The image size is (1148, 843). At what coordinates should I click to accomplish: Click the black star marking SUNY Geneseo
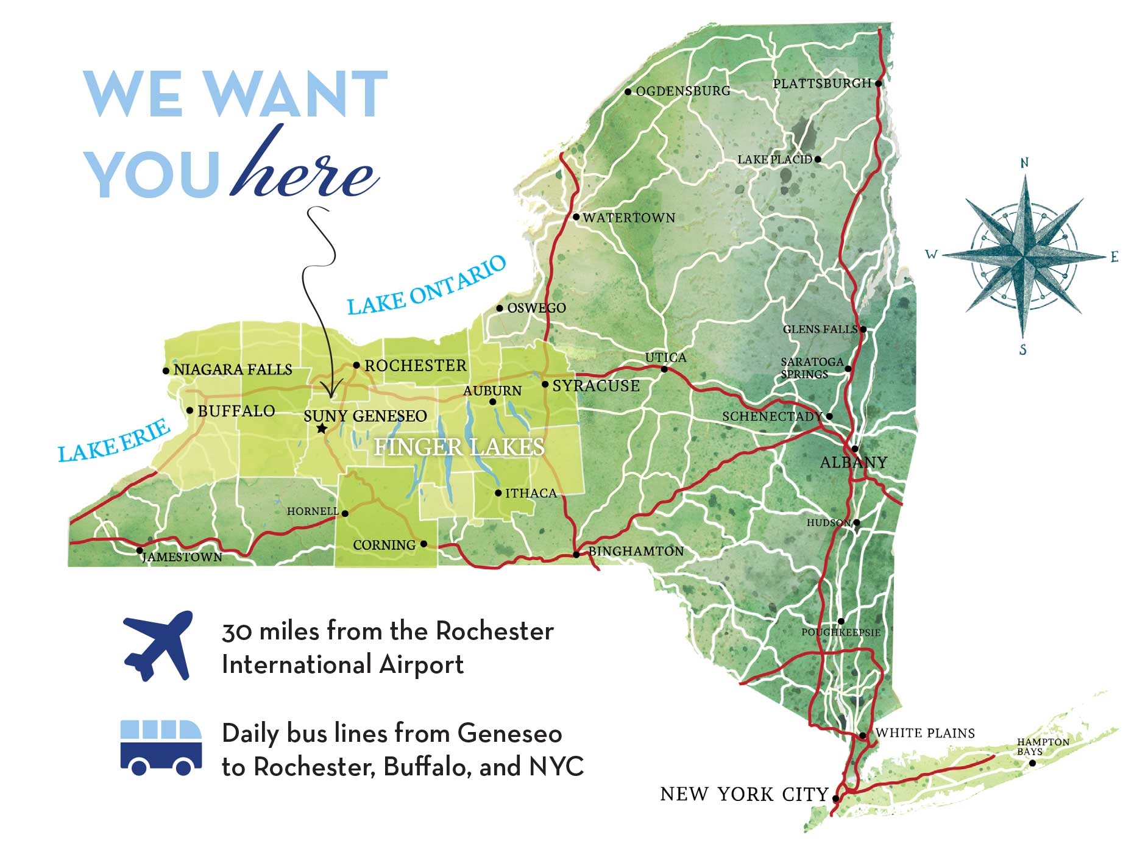322,429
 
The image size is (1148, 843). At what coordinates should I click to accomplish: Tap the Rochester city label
415,366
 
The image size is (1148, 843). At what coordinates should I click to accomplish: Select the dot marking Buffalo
190,411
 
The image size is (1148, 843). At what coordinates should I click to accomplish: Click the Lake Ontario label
427,286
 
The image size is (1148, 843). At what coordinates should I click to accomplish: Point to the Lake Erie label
114,441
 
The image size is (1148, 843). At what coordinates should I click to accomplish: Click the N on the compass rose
1024,163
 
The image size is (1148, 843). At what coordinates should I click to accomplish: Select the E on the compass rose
1114,257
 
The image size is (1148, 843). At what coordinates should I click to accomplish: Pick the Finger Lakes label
459,447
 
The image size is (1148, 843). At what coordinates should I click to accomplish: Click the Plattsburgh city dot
878,84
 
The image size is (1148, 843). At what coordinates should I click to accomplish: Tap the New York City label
744,794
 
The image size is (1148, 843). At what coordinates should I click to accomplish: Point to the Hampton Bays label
1043,747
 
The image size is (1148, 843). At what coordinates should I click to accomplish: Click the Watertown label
629,218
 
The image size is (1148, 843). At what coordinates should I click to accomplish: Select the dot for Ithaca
498,493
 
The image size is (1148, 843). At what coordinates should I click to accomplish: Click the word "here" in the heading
305,168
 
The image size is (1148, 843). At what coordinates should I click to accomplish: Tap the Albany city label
853,463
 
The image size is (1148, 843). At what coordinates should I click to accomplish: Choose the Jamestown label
182,557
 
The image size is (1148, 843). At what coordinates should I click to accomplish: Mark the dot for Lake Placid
818,160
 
